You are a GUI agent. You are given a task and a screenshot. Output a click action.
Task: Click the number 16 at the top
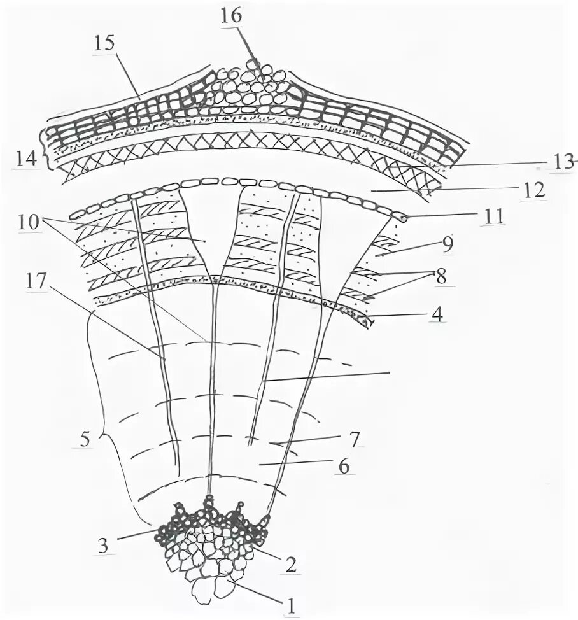[232, 15]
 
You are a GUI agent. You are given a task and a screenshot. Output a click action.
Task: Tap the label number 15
[105, 44]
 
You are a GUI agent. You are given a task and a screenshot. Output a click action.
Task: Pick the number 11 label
[493, 217]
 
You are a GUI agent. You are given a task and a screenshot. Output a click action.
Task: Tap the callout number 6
[344, 467]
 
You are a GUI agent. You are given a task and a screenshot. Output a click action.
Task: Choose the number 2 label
[292, 563]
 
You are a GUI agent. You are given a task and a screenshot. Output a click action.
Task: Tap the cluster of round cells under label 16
[251, 89]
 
